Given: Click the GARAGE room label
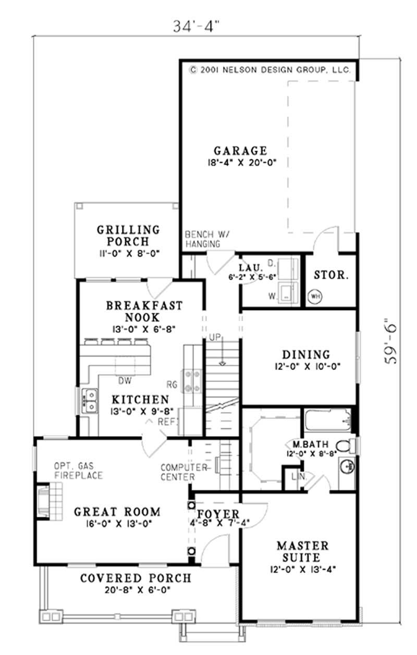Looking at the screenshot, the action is click(x=240, y=151).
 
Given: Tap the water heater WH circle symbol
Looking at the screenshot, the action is click(x=315, y=296).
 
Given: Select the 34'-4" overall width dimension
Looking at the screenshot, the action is click(x=196, y=27).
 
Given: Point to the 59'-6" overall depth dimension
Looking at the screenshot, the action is click(x=391, y=341).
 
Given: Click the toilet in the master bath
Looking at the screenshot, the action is click(x=347, y=446).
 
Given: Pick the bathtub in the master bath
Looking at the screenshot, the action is click(x=328, y=420).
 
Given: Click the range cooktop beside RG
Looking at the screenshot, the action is click(x=192, y=381).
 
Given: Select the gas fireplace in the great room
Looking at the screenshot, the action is click(x=49, y=501).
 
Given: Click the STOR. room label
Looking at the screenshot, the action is click(x=332, y=275).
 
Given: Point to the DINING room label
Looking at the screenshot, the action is click(x=306, y=354).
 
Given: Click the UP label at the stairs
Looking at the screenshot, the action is click(x=215, y=337).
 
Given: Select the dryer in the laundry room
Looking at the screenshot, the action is click(x=288, y=269).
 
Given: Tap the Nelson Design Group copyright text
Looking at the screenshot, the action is click(x=269, y=70).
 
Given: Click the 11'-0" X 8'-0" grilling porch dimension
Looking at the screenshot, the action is click(x=129, y=253).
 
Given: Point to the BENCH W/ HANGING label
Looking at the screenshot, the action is click(x=207, y=239).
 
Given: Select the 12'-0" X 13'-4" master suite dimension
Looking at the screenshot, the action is click(x=303, y=569).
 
